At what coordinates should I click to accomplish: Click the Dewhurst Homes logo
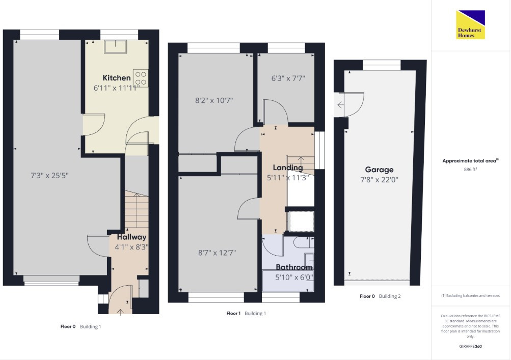(470, 25)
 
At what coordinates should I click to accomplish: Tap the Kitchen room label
(117, 78)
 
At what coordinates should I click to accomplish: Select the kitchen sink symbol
(115, 46)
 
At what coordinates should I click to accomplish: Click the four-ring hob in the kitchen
(141, 78)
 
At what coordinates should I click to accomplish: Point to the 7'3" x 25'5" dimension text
(49, 176)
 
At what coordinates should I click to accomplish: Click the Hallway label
(131, 237)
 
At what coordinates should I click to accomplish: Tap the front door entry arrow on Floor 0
(120, 312)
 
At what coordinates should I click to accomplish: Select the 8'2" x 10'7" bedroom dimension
(214, 100)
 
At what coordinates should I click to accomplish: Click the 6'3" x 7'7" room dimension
(288, 78)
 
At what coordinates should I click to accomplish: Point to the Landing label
(288, 168)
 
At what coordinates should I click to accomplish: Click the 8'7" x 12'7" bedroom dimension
(217, 253)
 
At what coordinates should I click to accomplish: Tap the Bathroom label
(294, 267)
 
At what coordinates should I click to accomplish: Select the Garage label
(379, 170)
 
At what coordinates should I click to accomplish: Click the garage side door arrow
(340, 105)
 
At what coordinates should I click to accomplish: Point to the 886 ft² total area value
(470, 170)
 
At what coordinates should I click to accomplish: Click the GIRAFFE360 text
(470, 346)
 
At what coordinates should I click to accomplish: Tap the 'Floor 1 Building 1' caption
(246, 314)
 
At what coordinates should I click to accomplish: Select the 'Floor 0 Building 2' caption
(380, 296)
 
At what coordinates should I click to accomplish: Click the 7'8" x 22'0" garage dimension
(380, 180)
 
